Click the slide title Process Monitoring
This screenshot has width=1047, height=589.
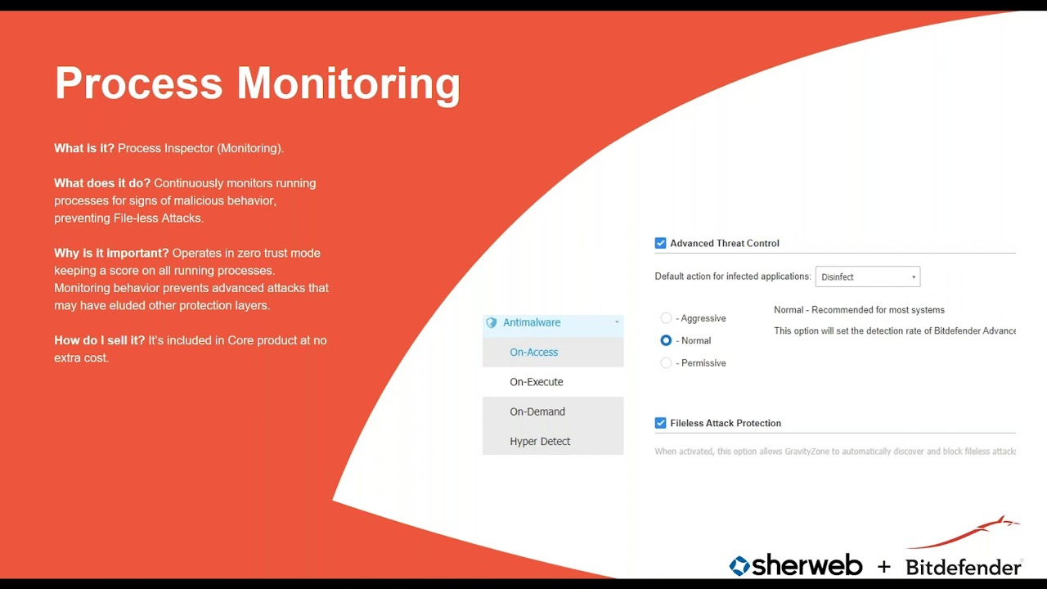pyautogui.click(x=257, y=83)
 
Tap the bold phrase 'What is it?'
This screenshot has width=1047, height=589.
pyautogui.click(x=84, y=148)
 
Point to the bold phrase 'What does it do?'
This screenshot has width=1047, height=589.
pyautogui.click(x=102, y=183)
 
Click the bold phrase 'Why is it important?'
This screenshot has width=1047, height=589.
pyautogui.click(x=111, y=253)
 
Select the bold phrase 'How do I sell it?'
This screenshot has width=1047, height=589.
pyautogui.click(x=99, y=340)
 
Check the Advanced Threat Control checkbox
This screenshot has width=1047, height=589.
pyautogui.click(x=661, y=243)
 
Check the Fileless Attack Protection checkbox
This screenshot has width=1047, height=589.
pyautogui.click(x=661, y=423)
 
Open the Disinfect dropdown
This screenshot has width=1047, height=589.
pyautogui.click(x=867, y=277)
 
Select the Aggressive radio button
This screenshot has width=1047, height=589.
pyautogui.click(x=666, y=318)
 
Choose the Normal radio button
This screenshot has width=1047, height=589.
pyautogui.click(x=666, y=340)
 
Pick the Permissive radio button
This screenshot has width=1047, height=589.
pyautogui.click(x=666, y=362)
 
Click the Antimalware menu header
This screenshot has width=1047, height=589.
pyautogui.click(x=532, y=322)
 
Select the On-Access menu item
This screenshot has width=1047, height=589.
pyautogui.click(x=534, y=353)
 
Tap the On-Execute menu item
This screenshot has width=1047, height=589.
pyautogui.click(x=537, y=382)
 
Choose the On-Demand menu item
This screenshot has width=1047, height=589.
pyautogui.click(x=537, y=411)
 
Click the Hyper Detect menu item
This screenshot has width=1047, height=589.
pyautogui.click(x=540, y=442)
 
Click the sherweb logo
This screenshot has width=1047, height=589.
pyautogui.click(x=795, y=565)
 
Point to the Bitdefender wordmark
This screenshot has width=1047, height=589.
pyautogui.click(x=963, y=567)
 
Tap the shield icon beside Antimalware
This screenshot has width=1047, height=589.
pyautogui.click(x=492, y=323)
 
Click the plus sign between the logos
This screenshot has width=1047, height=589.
pyautogui.click(x=883, y=567)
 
